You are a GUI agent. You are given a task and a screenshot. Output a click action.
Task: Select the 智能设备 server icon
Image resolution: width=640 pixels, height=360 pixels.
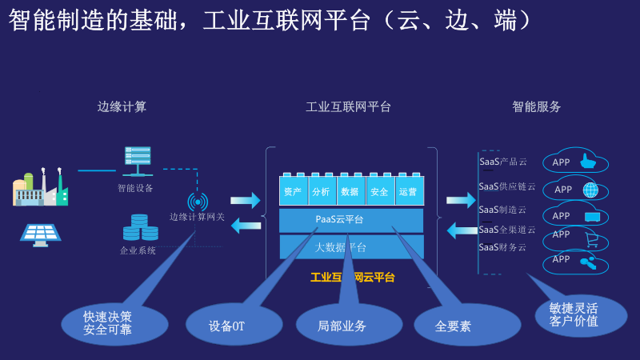138,161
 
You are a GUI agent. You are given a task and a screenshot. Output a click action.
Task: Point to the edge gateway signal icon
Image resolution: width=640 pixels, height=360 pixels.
197,201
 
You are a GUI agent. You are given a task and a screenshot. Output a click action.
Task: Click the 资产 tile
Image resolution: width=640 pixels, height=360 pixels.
292,192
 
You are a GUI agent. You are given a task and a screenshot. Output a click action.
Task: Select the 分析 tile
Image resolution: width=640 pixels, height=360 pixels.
321,192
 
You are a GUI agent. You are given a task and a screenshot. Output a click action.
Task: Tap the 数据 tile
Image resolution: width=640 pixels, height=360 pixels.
350,192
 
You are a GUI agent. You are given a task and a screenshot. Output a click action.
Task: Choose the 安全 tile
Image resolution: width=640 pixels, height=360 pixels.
379,192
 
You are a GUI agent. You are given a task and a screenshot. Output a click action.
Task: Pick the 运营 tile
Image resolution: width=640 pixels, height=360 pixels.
408,192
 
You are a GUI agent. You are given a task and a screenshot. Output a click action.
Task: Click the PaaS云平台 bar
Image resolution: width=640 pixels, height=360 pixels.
351,220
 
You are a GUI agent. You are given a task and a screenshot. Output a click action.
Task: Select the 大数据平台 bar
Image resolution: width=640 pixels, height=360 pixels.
351,246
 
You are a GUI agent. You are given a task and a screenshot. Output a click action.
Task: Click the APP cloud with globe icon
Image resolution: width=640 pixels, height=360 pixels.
575,190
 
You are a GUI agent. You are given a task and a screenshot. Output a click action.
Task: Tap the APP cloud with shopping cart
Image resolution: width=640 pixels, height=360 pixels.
575,238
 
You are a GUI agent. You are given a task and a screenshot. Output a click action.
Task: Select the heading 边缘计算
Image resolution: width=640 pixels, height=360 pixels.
122,106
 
